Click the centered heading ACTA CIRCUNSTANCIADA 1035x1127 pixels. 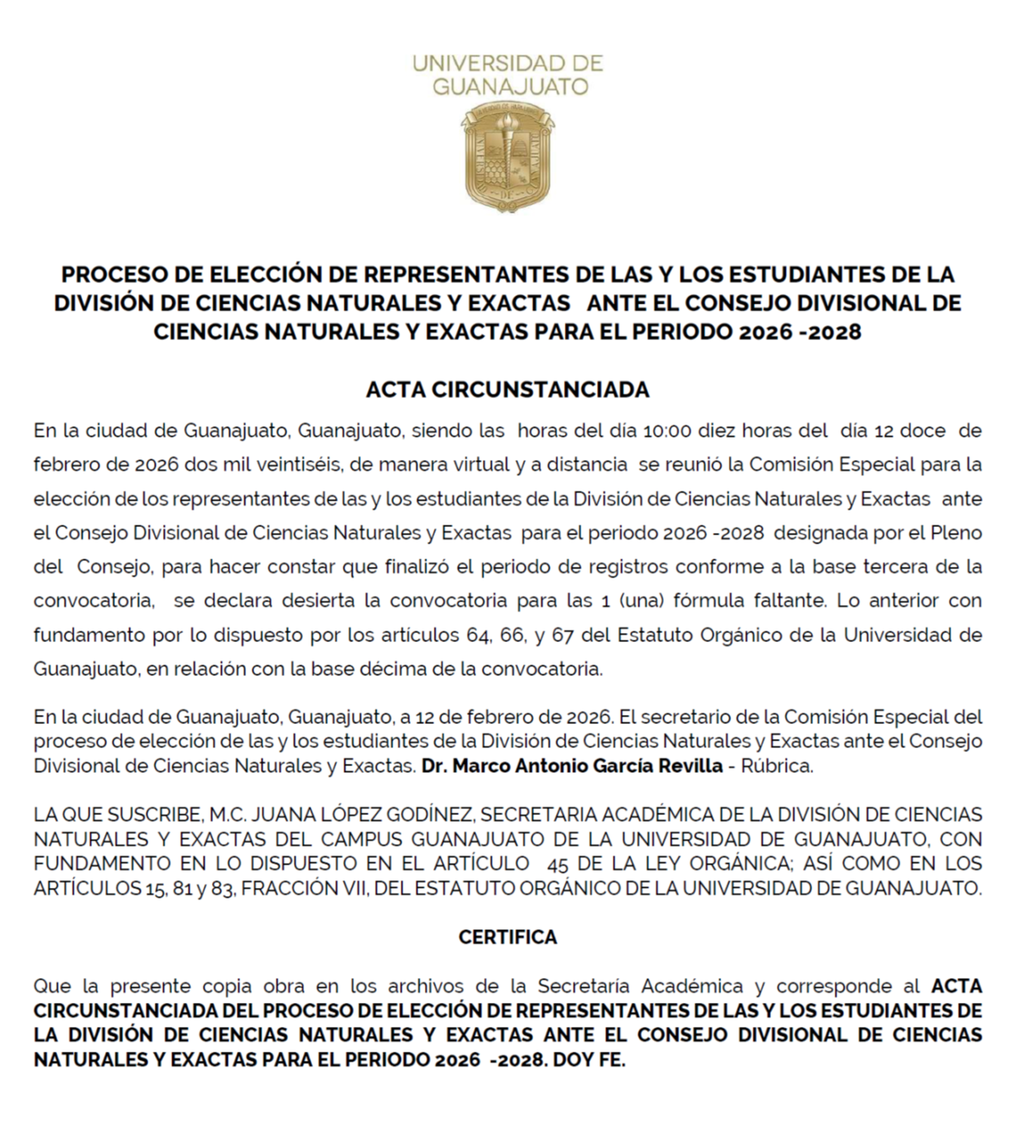tap(508, 390)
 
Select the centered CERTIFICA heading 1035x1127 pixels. tap(508, 938)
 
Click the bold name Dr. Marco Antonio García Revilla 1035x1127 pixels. tap(571, 766)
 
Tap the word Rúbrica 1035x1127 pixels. tap(777, 766)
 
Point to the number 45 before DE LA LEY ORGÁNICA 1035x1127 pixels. tap(557, 865)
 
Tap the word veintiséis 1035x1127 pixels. tap(300, 465)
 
